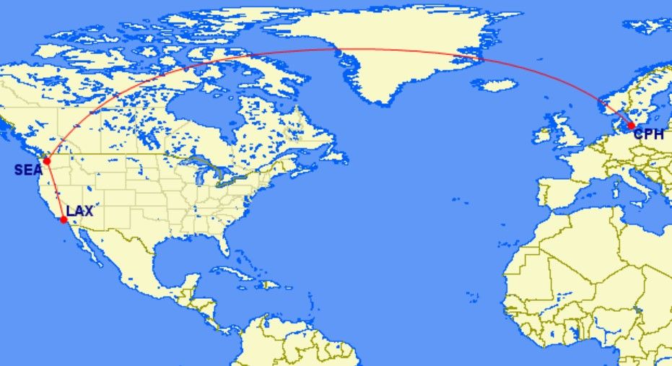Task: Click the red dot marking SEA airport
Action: (46, 161)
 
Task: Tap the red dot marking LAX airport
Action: (64, 219)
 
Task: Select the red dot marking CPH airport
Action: (632, 126)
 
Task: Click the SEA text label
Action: (27, 170)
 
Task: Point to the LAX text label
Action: (79, 212)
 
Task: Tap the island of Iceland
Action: (499, 84)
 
